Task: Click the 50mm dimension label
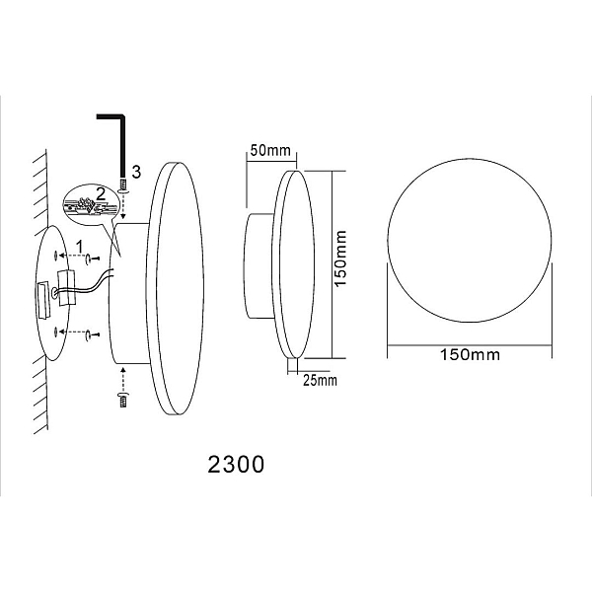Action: click(270, 150)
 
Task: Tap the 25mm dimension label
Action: click(320, 380)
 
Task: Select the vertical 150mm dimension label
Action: click(340, 259)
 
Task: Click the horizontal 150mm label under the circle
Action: click(470, 354)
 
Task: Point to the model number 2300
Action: click(236, 464)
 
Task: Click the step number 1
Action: click(80, 247)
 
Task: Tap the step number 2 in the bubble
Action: click(101, 194)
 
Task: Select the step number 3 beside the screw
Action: click(136, 172)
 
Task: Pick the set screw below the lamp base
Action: click(122, 400)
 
